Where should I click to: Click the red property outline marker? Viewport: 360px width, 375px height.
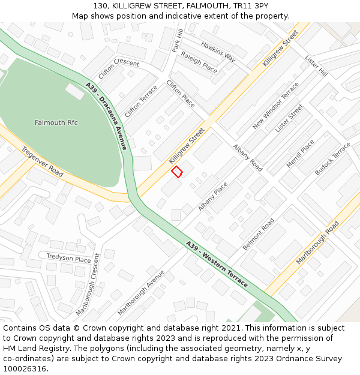177,172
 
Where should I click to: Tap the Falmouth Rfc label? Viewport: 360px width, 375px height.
56,122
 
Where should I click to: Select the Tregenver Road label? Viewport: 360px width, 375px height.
42,161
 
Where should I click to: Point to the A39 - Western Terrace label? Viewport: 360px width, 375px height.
217,264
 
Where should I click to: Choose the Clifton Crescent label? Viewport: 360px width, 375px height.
118,71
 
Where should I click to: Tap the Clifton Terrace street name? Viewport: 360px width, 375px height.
141,101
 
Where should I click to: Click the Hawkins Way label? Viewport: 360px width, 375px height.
218,52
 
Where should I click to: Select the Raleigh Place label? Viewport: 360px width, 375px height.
199,62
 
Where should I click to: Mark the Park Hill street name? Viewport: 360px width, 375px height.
177,40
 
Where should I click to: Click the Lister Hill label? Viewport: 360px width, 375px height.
316,66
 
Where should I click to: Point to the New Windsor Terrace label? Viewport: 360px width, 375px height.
275,106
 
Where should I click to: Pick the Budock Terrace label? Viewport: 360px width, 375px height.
332,159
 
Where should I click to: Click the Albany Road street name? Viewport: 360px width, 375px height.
248,158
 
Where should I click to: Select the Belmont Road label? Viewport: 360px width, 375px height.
258,234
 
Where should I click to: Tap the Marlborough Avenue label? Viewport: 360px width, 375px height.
141,292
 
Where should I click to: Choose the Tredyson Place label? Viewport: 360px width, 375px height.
69,258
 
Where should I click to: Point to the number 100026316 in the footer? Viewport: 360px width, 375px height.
25,368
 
